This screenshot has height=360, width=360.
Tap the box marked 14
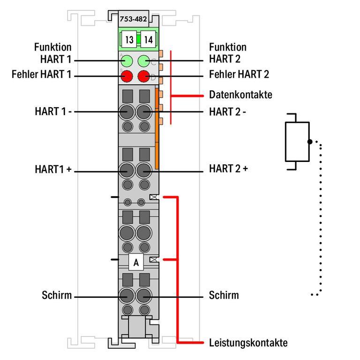(x=148, y=39)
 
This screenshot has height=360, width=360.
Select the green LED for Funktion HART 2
(x=144, y=60)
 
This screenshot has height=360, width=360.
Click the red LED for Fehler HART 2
(x=144, y=76)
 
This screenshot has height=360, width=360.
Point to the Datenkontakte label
(x=240, y=95)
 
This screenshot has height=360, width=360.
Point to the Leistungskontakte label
(x=248, y=343)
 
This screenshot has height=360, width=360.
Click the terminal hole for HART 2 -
(x=144, y=112)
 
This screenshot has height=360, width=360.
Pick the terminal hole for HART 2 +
(x=144, y=171)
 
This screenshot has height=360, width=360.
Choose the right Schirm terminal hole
(x=144, y=296)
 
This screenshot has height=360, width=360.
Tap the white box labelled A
(x=136, y=263)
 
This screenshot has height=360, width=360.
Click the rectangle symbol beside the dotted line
(x=297, y=141)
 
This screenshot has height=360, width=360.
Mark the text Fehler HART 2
(x=239, y=74)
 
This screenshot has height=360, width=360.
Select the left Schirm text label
(x=57, y=295)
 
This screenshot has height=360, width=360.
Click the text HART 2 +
(x=228, y=169)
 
